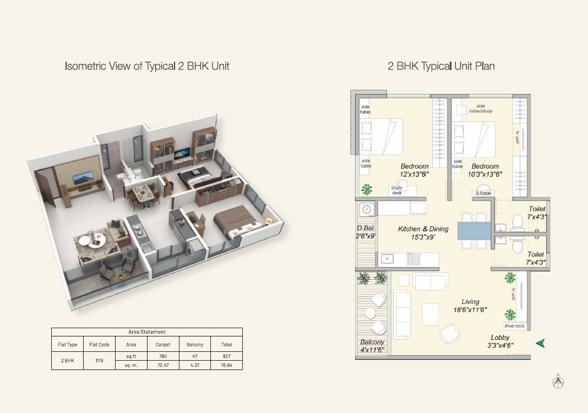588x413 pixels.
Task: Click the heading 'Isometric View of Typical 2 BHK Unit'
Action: coord(147,66)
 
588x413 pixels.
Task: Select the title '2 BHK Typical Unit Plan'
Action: coord(441,66)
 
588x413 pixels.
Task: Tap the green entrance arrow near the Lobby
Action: coord(541,343)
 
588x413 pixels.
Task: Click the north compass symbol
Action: coord(559,382)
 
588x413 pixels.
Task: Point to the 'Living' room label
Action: coord(470,302)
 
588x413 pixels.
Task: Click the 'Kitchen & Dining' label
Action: coord(423,229)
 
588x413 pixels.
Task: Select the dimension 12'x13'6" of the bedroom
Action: coord(415,175)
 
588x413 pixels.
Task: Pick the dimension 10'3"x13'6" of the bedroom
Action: coord(484,175)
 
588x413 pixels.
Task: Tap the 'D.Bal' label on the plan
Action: coord(366,229)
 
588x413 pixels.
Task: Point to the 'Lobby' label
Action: coord(500,338)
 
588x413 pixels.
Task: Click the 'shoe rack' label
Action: coord(514,326)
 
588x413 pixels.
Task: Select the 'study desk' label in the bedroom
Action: coord(396,190)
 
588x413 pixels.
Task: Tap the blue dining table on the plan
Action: coord(473,230)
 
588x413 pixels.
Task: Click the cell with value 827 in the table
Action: coord(227,356)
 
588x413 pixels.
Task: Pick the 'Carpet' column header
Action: coord(163,345)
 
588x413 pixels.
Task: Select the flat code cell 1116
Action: coord(99,361)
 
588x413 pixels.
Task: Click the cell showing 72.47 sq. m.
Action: coord(163,365)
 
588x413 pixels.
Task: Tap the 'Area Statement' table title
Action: coord(146,332)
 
